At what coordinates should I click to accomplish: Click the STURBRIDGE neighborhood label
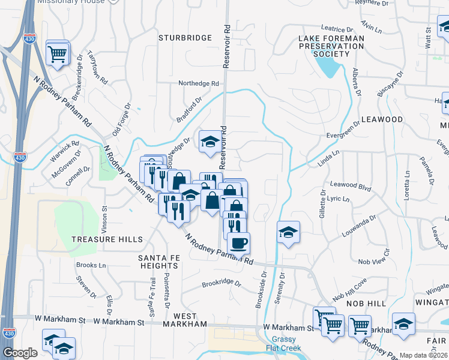pyautogui.click(x=185, y=38)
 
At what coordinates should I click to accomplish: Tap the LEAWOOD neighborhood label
pyautogui.click(x=382, y=119)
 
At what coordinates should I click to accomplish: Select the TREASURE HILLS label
pyautogui.click(x=107, y=239)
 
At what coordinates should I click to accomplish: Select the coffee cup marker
pyautogui.click(x=239, y=243)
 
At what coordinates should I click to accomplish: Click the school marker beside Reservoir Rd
pyautogui.click(x=209, y=142)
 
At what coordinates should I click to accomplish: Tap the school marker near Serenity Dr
pyautogui.click(x=288, y=232)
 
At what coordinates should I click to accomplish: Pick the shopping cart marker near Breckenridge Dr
pyautogui.click(x=58, y=55)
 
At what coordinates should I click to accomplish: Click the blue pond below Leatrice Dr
pyautogui.click(x=327, y=68)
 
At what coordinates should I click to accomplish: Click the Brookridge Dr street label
pyautogui.click(x=221, y=283)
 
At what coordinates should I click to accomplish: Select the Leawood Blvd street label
pyautogui.click(x=348, y=186)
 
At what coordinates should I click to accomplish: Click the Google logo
pyautogui.click(x=20, y=353)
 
